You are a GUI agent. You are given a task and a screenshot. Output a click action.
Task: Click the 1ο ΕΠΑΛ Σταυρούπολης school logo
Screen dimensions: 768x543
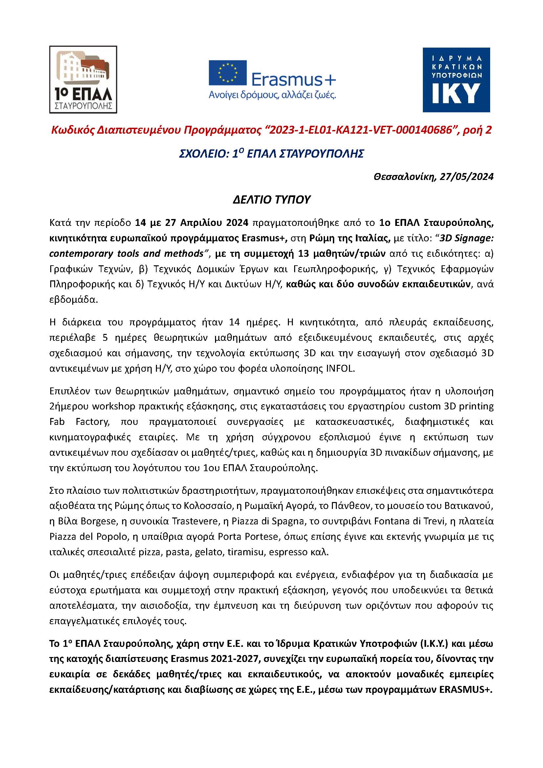click(83, 79)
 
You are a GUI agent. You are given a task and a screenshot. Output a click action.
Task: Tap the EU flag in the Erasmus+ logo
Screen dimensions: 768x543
click(228, 73)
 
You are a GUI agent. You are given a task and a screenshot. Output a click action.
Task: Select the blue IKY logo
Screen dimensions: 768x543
click(456, 79)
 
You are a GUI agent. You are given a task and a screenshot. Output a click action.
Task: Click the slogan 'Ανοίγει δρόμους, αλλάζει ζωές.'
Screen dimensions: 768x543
click(272, 95)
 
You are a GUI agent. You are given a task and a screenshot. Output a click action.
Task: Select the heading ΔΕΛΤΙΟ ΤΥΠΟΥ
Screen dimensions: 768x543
click(271, 200)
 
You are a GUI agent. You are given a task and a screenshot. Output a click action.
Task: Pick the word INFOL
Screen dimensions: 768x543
click(339, 369)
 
